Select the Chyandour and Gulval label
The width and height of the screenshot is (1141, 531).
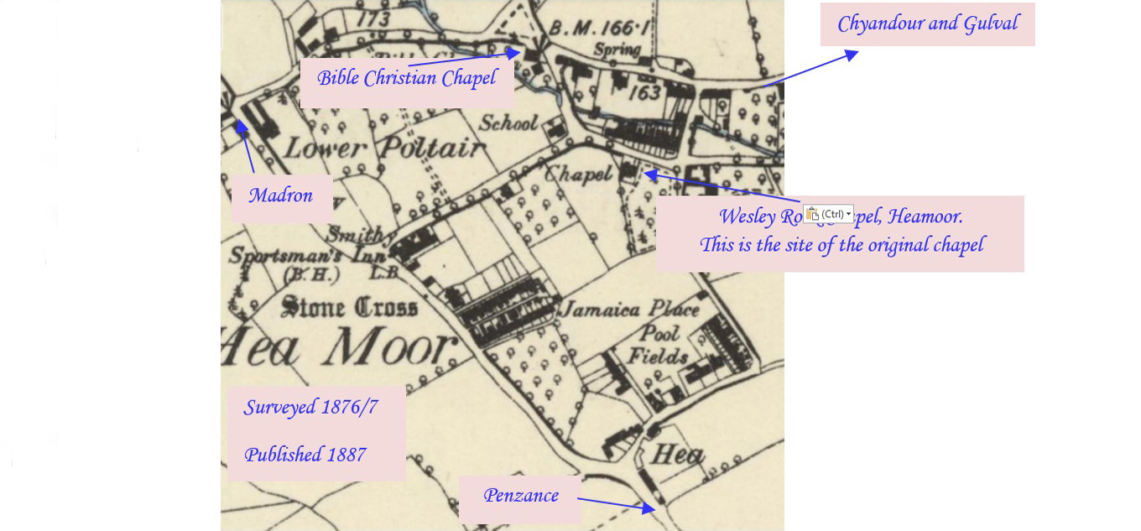point(927,23)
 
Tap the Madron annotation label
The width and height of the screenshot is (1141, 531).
point(280,196)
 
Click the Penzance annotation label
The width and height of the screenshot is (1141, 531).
point(520,496)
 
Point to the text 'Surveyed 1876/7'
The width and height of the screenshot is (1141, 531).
point(310,408)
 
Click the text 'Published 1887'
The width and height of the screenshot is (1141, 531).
point(305,455)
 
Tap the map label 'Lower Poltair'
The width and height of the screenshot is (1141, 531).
point(384,149)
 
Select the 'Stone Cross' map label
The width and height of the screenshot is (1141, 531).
point(350,307)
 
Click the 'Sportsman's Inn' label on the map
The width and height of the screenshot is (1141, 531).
point(307,255)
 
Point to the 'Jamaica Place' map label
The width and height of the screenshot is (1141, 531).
point(629,310)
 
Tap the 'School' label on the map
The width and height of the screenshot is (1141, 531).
point(508,123)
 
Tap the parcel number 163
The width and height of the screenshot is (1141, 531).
point(644,91)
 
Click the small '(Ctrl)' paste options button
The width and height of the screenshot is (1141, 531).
point(828,214)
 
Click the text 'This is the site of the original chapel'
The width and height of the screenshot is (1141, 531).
point(841,245)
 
